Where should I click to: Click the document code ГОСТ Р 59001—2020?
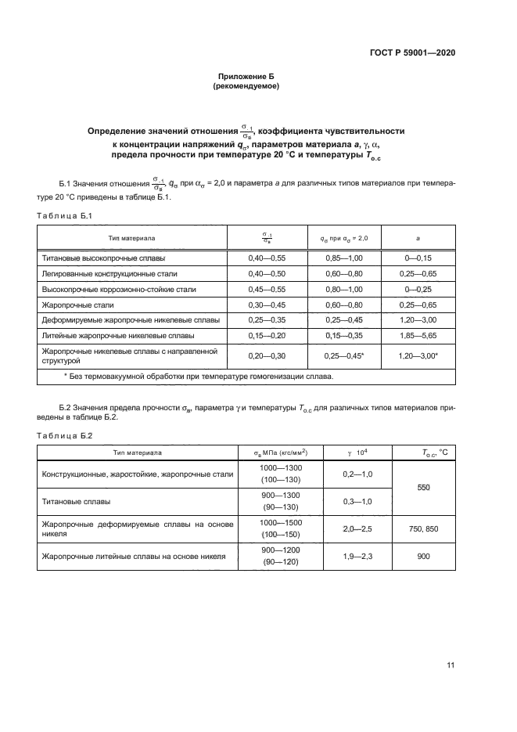point(412,52)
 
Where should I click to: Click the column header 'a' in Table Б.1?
point(418,237)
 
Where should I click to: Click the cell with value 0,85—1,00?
point(344,258)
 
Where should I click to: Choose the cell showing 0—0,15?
point(418,258)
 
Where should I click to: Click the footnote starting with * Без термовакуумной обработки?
point(198,376)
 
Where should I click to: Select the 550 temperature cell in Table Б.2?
point(424,486)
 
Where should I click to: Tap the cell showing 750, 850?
point(424,529)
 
